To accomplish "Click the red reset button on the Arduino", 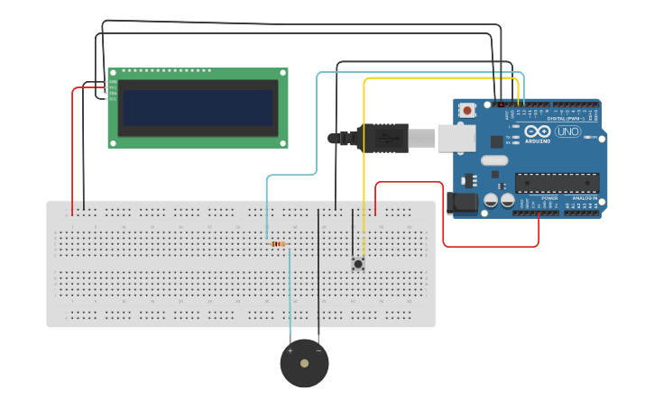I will tap(467, 110).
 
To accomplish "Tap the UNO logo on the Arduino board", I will tap(567, 131).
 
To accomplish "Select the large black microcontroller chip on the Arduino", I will tap(557, 183).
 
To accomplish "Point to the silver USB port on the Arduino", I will tap(456, 138).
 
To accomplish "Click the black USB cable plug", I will tap(383, 138).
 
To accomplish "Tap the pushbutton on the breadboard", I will tap(358, 264).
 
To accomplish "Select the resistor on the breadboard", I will tap(278, 243).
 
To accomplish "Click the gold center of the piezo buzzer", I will tap(304, 364).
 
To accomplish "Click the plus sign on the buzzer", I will tap(290, 349).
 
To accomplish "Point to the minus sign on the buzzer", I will tap(318, 349).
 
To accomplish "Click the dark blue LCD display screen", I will tap(198, 107).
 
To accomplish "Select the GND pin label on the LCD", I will tap(113, 82).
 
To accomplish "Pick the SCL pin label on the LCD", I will tap(113, 98).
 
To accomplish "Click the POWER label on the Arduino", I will tap(549, 197).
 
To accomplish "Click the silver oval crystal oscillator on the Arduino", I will tap(494, 160).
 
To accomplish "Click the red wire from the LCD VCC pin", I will tap(73, 144).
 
